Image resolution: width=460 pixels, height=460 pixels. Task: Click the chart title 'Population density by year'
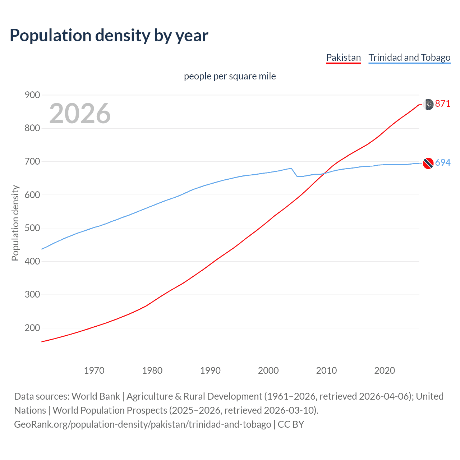(x=109, y=36)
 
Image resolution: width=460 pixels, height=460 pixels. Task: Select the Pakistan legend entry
(x=343, y=57)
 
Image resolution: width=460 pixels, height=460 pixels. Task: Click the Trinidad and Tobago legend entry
(x=409, y=57)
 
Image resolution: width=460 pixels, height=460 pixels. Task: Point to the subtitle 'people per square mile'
(x=230, y=76)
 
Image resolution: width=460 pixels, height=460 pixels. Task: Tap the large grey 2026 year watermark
(x=80, y=113)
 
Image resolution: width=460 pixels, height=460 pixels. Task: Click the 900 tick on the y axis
(x=32, y=95)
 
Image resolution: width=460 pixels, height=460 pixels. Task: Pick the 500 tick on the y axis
(x=32, y=228)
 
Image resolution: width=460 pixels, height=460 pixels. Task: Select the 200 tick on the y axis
(x=32, y=328)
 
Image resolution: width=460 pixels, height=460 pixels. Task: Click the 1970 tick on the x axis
(x=94, y=371)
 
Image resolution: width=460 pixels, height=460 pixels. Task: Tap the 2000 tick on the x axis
(x=268, y=371)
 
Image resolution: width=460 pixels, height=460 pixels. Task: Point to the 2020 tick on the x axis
(x=385, y=371)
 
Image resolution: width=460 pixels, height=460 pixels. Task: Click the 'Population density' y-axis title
(x=15, y=223)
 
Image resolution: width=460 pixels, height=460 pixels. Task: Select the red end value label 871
(x=442, y=104)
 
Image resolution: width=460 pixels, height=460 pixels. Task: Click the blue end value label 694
(x=442, y=163)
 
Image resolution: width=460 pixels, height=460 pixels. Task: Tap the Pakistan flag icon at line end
(x=429, y=104)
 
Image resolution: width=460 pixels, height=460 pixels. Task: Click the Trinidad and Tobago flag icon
(x=428, y=163)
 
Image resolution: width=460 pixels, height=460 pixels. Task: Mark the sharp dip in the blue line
(x=297, y=176)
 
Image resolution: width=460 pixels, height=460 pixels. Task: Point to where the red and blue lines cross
(x=324, y=174)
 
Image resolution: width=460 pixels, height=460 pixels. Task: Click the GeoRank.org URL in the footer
(x=142, y=424)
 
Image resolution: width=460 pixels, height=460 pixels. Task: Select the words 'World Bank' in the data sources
(x=96, y=396)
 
